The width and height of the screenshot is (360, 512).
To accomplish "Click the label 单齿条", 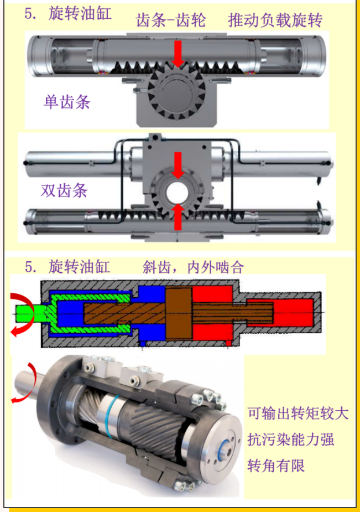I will pos(66,102).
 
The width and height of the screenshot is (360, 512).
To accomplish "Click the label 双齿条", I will pos(64,191).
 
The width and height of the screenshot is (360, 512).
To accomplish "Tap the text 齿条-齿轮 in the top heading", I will pos(171,20).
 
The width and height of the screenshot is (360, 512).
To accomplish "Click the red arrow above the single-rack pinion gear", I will pos(178,54).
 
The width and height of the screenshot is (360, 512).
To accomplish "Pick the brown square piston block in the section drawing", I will pos(178,313).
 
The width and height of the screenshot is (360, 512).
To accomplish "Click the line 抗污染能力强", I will pos(291,440).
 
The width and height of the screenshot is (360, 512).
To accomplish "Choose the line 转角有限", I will pos(276,466).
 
